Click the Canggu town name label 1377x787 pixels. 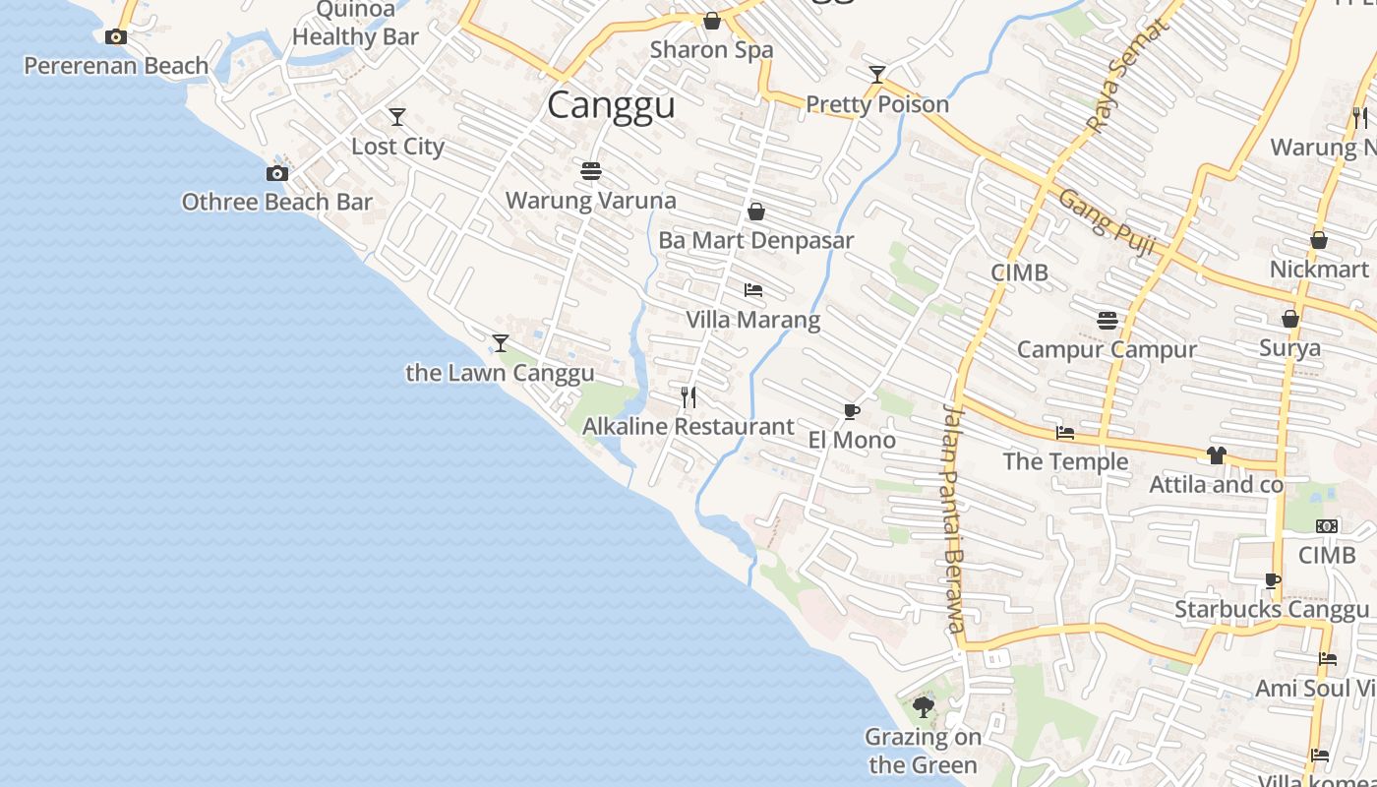(611, 104)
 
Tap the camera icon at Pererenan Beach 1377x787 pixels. (116, 37)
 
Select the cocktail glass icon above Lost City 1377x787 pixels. (397, 117)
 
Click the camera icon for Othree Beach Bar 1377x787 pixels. (277, 174)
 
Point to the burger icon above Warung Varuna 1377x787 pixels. (591, 171)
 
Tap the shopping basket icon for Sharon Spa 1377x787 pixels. (712, 21)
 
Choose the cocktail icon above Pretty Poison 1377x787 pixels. (877, 75)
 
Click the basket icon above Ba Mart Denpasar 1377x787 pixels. (756, 212)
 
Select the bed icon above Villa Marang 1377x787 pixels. (753, 290)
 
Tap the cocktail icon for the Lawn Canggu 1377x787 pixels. (501, 343)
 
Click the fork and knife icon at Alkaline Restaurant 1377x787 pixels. (688, 397)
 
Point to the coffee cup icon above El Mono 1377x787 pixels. (852, 411)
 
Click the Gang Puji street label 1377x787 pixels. (1107, 221)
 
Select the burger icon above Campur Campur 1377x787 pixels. (1108, 320)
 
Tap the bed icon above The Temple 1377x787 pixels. (1065, 433)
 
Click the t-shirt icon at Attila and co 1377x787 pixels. (1217, 455)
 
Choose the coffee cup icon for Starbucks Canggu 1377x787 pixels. (1272, 580)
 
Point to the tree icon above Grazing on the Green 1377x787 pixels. (923, 706)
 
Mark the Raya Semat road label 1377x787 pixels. (1127, 77)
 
